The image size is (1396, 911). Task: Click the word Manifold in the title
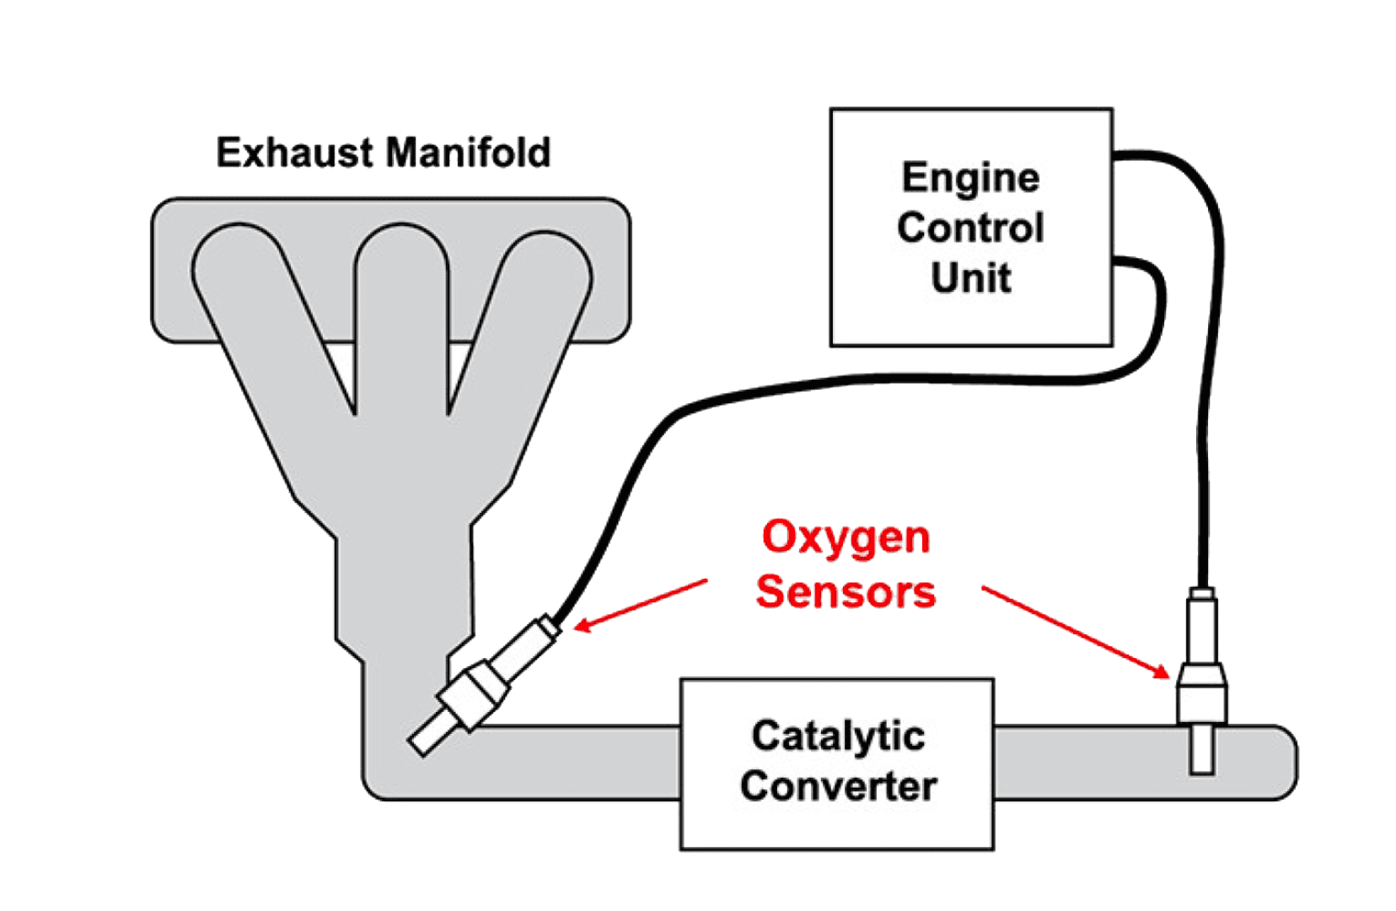click(x=469, y=154)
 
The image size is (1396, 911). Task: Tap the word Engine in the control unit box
click(x=970, y=178)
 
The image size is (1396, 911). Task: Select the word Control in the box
click(x=970, y=228)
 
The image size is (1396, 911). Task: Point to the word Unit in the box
click(x=970, y=278)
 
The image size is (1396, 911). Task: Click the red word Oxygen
click(x=845, y=538)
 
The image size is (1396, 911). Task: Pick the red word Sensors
click(x=845, y=591)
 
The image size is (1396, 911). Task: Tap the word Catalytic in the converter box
click(x=838, y=736)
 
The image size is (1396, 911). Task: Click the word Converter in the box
click(x=838, y=786)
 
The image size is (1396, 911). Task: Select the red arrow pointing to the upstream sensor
click(x=641, y=604)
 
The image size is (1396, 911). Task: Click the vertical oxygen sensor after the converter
click(x=1201, y=675)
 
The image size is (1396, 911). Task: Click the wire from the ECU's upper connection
click(x=1209, y=337)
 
